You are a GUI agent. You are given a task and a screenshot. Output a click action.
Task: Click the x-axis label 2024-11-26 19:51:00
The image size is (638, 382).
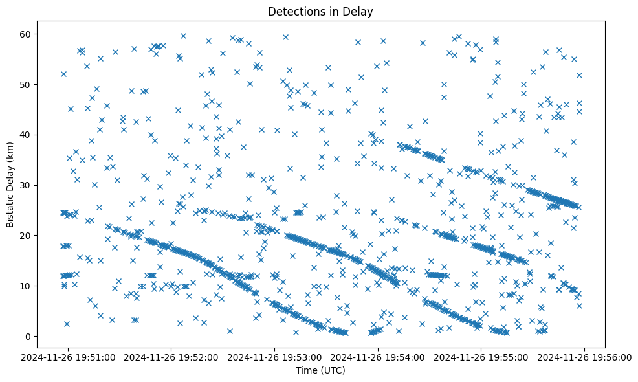[x=68, y=357]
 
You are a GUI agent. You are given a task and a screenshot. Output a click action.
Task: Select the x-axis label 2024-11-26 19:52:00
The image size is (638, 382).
[x=171, y=357]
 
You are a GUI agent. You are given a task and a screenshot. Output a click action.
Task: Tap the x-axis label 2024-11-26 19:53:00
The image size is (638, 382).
[x=275, y=357]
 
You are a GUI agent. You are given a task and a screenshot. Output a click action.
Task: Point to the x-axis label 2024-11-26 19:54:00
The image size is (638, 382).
[x=379, y=357]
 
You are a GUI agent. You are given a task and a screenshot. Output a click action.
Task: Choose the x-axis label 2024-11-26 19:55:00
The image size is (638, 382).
[x=482, y=357]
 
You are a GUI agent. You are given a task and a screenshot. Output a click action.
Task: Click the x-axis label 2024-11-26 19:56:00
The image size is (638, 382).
[x=586, y=357]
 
